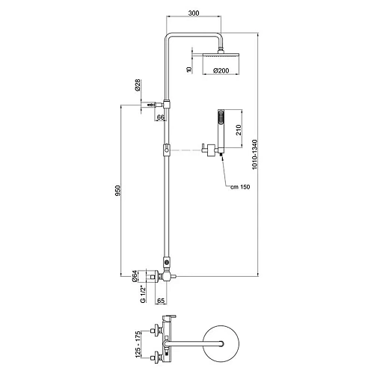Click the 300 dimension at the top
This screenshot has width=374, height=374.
coord(194,13)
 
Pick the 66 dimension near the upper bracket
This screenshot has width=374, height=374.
coord(160,117)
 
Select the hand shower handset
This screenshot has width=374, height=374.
coord(220,129)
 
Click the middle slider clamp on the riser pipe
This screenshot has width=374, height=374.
coord(166,152)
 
